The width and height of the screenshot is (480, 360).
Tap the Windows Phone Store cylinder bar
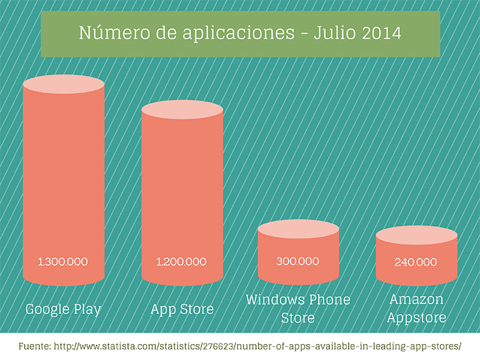point(298,253)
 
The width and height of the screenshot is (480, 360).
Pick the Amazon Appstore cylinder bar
point(417,257)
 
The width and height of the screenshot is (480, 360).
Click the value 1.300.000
point(63,261)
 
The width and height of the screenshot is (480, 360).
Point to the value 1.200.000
point(181,261)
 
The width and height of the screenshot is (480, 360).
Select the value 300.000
point(298,261)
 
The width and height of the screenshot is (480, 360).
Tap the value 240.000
point(417,262)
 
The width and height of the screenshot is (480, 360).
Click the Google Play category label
point(63,309)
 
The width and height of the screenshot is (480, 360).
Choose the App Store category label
point(182,309)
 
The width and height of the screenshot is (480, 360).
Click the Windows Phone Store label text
point(298,308)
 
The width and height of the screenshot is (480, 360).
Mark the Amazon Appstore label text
point(417,308)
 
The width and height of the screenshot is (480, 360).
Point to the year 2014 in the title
point(383,33)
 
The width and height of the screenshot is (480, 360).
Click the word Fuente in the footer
point(35,347)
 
